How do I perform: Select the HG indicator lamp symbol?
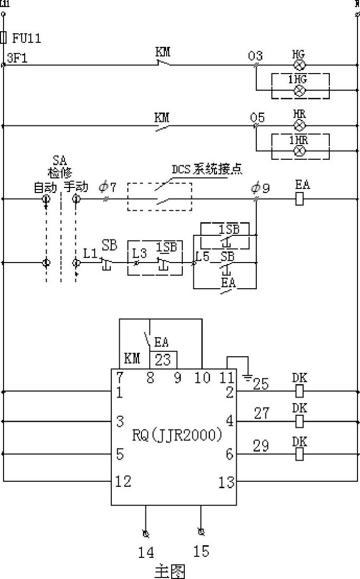(300, 65)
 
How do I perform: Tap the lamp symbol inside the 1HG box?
(300, 91)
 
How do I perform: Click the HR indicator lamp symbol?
(300, 125)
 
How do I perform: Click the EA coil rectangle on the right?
(300, 199)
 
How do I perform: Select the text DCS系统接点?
(207, 169)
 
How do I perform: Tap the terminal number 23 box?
(163, 360)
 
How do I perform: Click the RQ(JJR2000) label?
(177, 435)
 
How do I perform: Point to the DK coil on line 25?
(300, 391)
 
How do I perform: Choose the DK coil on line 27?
(300, 421)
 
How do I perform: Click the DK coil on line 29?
(300, 454)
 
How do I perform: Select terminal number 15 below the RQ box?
(201, 551)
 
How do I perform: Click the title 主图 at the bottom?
(169, 571)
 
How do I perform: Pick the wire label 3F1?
(17, 58)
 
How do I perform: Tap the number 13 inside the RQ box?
(227, 483)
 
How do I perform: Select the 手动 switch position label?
(76, 187)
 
